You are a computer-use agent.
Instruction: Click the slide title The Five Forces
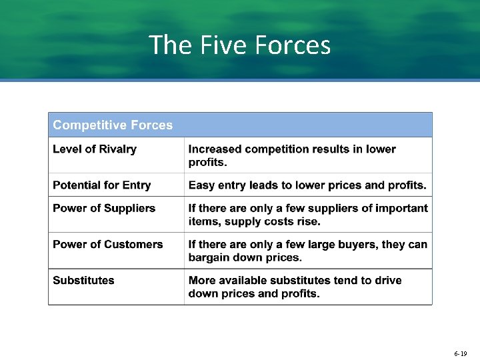click(240, 45)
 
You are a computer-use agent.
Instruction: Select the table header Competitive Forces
click(113, 125)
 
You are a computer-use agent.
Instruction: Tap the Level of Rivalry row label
click(95, 149)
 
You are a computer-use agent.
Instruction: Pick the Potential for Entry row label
click(102, 185)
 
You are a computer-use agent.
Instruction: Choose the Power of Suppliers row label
click(104, 208)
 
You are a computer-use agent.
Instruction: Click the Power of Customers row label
click(108, 244)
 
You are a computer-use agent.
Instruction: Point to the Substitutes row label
click(84, 280)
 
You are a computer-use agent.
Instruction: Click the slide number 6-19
click(460, 353)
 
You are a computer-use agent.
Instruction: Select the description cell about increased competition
click(292, 155)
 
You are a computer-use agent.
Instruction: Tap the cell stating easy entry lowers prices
click(307, 185)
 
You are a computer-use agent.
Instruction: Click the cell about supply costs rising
click(308, 215)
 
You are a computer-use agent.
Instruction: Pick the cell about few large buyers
click(308, 251)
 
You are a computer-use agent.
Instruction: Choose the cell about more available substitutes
click(295, 287)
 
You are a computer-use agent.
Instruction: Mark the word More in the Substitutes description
click(202, 280)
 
